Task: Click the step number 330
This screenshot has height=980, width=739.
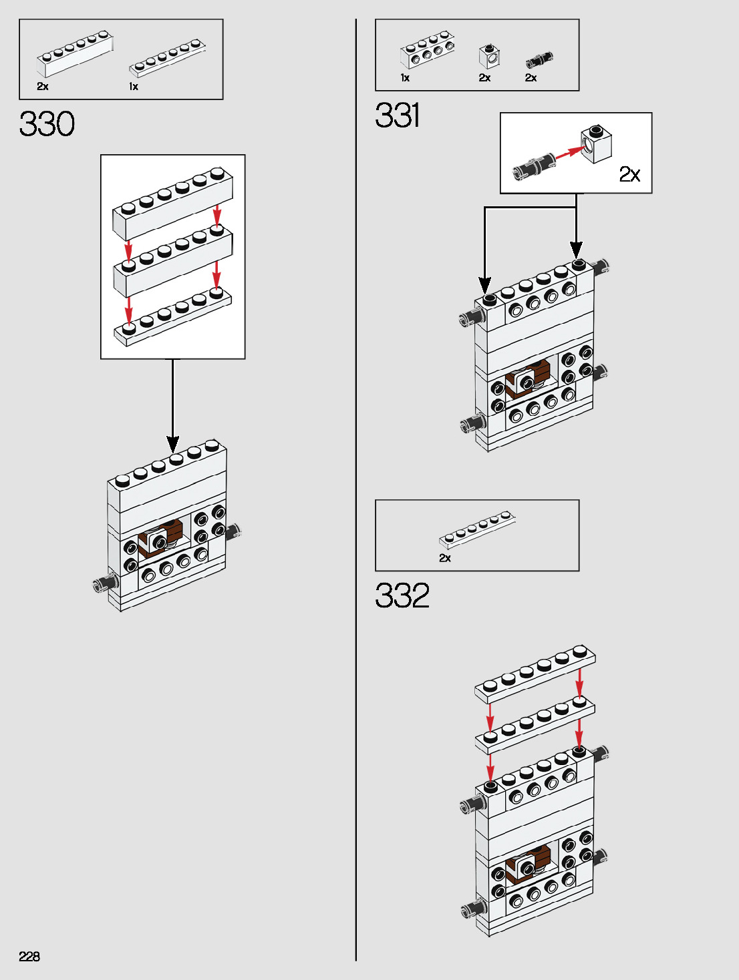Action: point(47,124)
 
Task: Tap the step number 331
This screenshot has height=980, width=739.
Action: point(398,115)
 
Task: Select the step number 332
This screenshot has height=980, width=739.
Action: point(402,595)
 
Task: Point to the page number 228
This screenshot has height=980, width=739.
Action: point(29,956)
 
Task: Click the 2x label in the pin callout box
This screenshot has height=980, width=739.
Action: point(629,174)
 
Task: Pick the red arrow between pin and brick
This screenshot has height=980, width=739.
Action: point(569,153)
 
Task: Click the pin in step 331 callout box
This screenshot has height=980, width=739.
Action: point(533,166)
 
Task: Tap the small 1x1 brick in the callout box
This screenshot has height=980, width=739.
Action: point(597,144)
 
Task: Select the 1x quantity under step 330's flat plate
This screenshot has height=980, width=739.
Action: point(134,87)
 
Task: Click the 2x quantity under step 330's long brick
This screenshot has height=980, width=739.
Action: point(43,87)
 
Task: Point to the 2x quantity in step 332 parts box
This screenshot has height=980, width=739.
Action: point(445,558)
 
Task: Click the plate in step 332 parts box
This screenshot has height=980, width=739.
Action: point(477,529)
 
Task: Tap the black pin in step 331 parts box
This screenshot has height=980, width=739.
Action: point(539,59)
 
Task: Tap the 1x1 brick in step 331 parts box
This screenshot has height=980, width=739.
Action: point(490,57)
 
